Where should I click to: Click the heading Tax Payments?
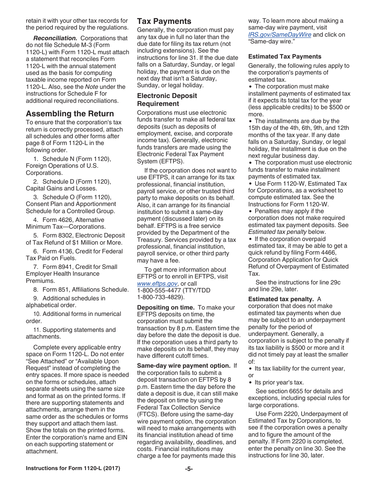[x=164, y=22]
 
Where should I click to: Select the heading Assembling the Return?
[x=70, y=114]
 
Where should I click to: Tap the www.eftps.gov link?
[x=157, y=284]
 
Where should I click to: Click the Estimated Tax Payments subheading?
[x=284, y=57]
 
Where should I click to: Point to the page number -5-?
[x=189, y=468]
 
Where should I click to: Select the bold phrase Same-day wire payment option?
[x=183, y=366]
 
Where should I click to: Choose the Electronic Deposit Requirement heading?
[x=167, y=100]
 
